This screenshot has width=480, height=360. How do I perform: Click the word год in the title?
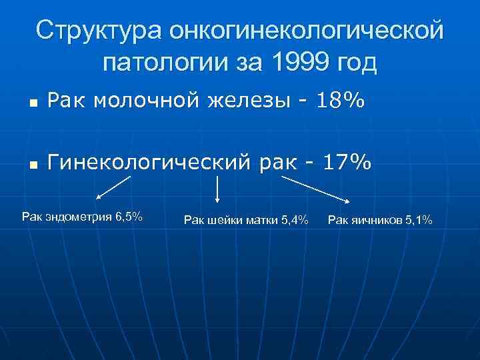[x=356, y=65]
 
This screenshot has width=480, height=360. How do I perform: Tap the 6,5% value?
[x=128, y=217]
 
